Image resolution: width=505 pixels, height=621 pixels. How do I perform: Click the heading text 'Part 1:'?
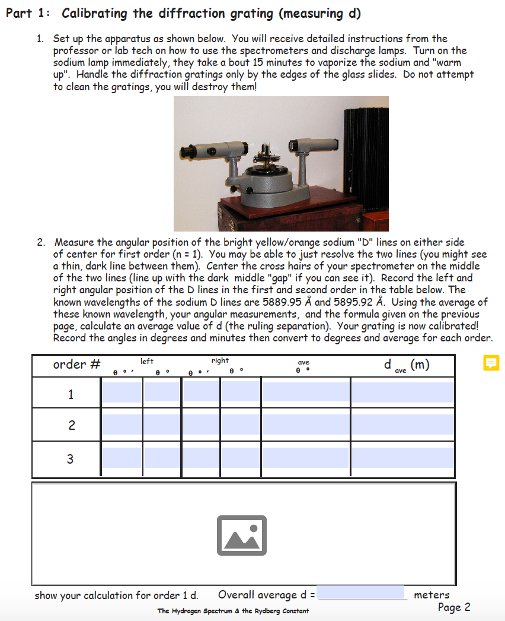(28, 13)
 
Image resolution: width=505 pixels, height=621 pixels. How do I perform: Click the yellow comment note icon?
(491, 363)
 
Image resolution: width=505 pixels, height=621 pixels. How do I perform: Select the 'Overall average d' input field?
(362, 593)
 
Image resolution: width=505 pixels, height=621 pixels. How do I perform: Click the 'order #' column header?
(76, 365)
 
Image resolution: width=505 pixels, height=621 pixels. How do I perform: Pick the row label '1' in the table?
(71, 394)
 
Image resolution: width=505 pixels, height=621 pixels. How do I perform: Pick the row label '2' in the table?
(71, 425)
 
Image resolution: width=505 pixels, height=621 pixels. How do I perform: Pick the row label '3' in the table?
(71, 459)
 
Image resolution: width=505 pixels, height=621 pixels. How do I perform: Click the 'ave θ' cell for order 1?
(306, 392)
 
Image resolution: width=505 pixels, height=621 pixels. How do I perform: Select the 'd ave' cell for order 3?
(402, 458)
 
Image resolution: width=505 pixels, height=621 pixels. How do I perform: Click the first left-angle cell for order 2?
(122, 424)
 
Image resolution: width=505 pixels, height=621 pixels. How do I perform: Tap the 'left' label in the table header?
(147, 361)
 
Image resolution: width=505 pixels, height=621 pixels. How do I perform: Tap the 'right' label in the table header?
(220, 360)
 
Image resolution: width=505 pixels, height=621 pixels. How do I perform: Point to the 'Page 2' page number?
(454, 607)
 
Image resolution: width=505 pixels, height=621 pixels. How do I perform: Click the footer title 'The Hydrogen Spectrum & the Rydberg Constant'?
(233, 611)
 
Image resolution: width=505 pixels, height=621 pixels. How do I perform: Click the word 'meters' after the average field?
(432, 594)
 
